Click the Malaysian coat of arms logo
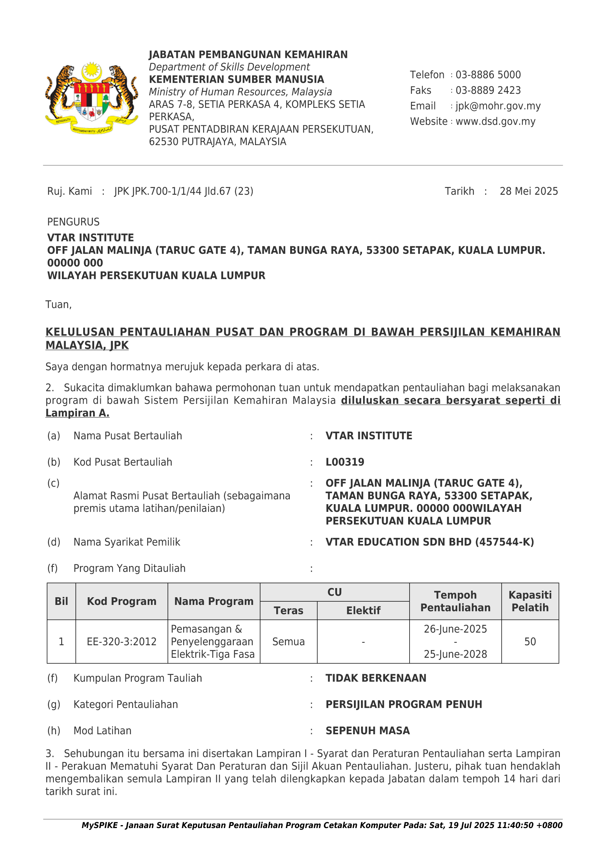pos(92,98)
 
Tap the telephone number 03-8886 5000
pos(488,75)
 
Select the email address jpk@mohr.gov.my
pos(498,106)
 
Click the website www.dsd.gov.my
pos(495,122)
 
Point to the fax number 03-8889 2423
pos(488,90)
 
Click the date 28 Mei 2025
pos(528,192)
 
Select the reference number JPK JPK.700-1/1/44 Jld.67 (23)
pos(184,192)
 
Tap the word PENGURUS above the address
pos(73,222)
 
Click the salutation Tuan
pos(58,304)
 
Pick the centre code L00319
pos(345,462)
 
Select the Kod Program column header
pos(122,601)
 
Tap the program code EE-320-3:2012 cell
pos(122,642)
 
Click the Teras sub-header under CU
pos(288,611)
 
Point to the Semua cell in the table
pos(288,642)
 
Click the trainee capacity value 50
pos(530,642)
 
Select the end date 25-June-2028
pos(455,654)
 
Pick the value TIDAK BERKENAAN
pos(376,678)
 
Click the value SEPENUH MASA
pos(367,731)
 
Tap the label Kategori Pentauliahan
pos(125,704)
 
